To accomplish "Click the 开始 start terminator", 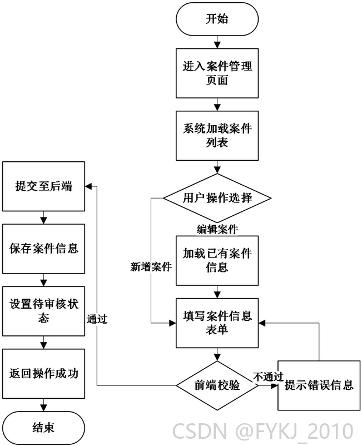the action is [x=217, y=19].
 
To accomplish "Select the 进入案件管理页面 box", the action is [x=217, y=73].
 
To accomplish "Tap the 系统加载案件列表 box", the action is [x=217, y=136].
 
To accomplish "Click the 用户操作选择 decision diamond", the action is [x=217, y=198].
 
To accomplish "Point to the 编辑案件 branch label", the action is [x=217, y=229].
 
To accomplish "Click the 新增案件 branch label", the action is [x=151, y=267].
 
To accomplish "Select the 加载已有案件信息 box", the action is [x=217, y=261].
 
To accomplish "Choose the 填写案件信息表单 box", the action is [x=217, y=323].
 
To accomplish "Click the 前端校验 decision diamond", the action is [x=217, y=385].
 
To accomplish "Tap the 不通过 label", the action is [x=268, y=376].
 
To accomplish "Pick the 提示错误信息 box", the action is [x=319, y=385].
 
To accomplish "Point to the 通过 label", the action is [x=97, y=319].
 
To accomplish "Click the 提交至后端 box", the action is [x=43, y=186].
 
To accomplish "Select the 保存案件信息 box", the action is [x=43, y=249].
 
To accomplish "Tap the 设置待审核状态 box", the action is [x=43, y=311].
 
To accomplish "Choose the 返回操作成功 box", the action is [x=43, y=374].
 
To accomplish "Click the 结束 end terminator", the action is [x=43, y=428].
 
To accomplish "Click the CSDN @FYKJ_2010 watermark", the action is [x=263, y=431].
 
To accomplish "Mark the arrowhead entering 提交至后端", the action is [x=88, y=186].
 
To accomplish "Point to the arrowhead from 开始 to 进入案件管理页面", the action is [x=217, y=45].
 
